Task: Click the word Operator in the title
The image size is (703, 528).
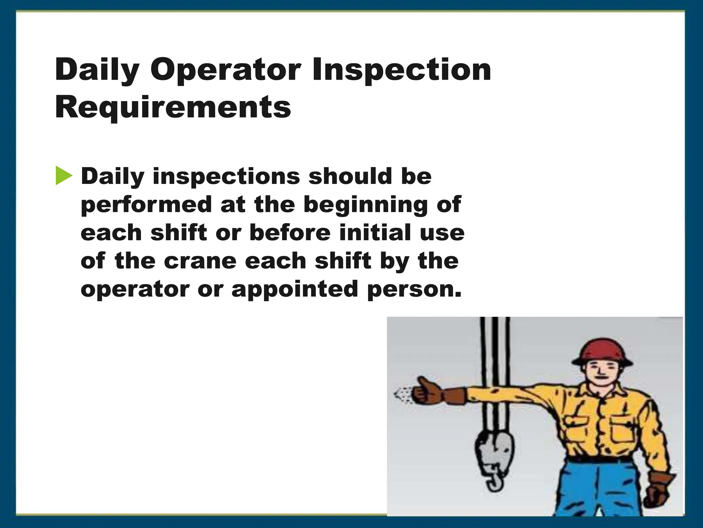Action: click(226, 70)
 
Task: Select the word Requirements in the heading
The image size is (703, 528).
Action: click(173, 108)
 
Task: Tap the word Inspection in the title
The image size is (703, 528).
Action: click(401, 70)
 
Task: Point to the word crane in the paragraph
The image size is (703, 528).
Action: click(200, 261)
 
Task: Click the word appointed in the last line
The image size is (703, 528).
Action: click(295, 289)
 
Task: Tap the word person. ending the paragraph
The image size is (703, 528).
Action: click(414, 289)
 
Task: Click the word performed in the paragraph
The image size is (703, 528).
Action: click(146, 205)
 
